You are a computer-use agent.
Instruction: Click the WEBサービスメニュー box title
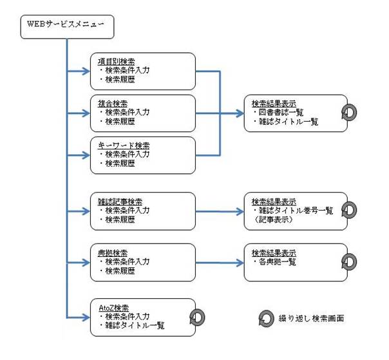tap(65, 24)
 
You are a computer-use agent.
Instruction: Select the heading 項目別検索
tap(116, 61)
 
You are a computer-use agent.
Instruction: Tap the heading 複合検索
tap(112, 103)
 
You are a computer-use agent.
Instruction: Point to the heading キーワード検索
tap(124, 145)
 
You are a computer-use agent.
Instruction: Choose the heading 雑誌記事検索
tap(120, 202)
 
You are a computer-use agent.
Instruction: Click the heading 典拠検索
tap(112, 253)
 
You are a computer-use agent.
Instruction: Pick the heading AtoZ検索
tap(113, 308)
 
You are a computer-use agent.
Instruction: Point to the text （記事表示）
tap(273, 220)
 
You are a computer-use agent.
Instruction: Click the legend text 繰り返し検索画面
tap(311, 318)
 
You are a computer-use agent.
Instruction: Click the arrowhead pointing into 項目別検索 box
tap(86, 71)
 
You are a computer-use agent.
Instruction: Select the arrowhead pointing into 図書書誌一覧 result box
tap(240, 113)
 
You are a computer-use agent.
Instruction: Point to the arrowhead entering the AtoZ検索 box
tap(86, 317)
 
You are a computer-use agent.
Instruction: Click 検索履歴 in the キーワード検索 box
tap(120, 164)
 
